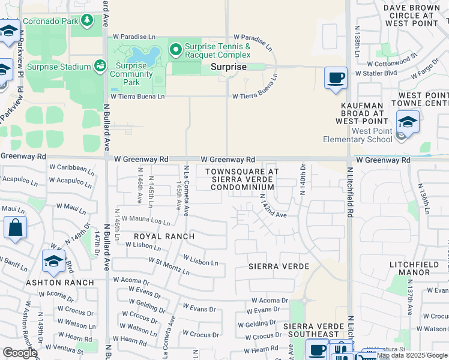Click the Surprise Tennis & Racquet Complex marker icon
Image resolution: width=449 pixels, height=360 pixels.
pyautogui.click(x=176, y=50)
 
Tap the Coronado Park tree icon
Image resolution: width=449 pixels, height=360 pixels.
pyautogui.click(x=88, y=20)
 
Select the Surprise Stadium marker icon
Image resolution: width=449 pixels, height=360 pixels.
pyautogui.click(x=100, y=66)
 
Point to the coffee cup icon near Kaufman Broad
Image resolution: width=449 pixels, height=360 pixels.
pyautogui.click(x=336, y=78)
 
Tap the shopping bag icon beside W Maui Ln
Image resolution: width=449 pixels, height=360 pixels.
pyautogui.click(x=15, y=228)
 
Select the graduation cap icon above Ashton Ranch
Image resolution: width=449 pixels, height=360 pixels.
pyautogui.click(x=53, y=261)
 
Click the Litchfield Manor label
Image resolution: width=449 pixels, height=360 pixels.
pyautogui.click(x=418, y=268)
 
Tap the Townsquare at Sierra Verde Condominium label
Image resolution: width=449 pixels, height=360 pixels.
pyautogui.click(x=242, y=179)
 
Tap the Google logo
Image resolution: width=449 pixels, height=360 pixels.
pyautogui.click(x=20, y=353)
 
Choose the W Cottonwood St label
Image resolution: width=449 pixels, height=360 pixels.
pyautogui.click(x=393, y=61)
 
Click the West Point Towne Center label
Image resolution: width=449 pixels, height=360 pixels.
pyautogui.click(x=422, y=100)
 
